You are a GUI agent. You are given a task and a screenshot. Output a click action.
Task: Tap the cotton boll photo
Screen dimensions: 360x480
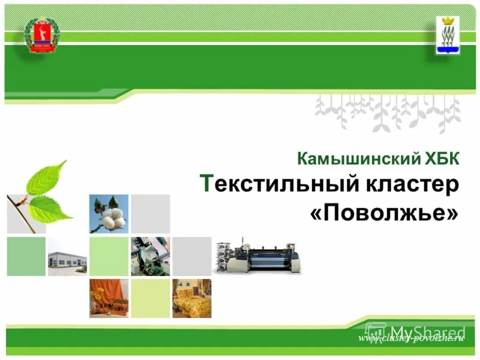(x=109, y=214)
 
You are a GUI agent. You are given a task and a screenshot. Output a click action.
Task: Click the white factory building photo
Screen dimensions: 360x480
(x=67, y=257)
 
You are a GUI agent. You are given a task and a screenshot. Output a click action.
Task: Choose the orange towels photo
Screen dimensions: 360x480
(x=109, y=298)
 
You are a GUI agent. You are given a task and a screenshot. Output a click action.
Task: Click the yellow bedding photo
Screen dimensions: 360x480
(x=191, y=298)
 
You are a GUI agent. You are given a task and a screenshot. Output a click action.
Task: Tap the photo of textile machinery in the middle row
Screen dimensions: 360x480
(x=150, y=257)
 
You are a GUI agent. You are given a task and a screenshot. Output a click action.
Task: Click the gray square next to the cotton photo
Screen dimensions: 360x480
(x=150, y=214)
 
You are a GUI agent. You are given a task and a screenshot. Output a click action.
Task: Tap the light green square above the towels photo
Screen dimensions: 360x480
(x=109, y=257)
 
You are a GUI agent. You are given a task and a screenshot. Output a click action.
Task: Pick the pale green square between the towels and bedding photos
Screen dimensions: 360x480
(x=150, y=298)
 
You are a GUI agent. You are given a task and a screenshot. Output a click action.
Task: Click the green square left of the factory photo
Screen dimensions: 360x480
(x=26, y=257)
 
